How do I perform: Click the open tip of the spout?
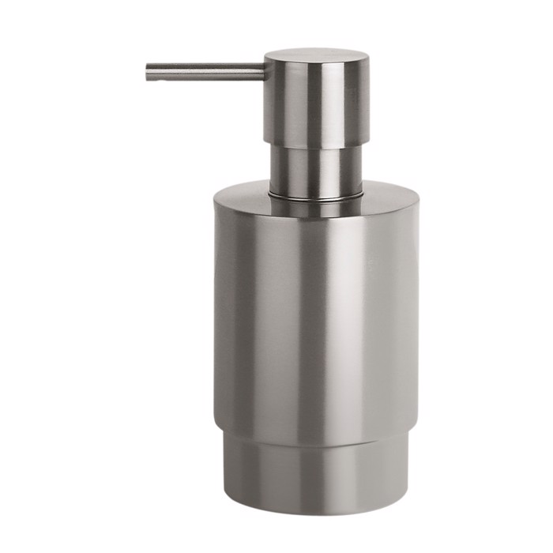(x=148, y=72)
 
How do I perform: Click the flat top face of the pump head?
(x=316, y=56)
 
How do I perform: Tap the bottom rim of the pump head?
(x=316, y=147)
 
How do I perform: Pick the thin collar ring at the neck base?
(x=316, y=194)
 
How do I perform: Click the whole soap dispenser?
(x=316, y=300)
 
